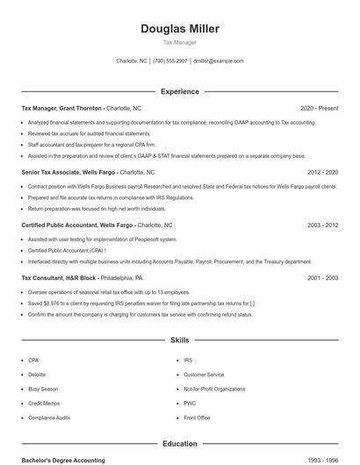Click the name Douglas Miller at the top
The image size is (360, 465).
pos(180,29)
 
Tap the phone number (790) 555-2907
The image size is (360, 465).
pos(170,61)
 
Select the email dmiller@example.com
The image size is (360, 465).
pos(218,61)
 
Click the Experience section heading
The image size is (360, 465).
pos(180,91)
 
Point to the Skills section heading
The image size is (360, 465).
pos(180,340)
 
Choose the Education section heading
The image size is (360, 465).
pos(180,444)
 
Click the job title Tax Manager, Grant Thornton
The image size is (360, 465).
pos(62,109)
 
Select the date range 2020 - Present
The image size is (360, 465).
pos(319,109)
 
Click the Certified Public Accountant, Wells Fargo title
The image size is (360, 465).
pos(77,225)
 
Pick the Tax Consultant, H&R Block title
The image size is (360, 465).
pos(58,277)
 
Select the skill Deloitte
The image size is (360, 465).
pos(36,375)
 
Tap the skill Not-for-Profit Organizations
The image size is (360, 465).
pos(214,389)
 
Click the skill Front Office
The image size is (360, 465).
pos(197,418)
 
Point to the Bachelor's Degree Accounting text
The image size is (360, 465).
pos(63,460)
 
